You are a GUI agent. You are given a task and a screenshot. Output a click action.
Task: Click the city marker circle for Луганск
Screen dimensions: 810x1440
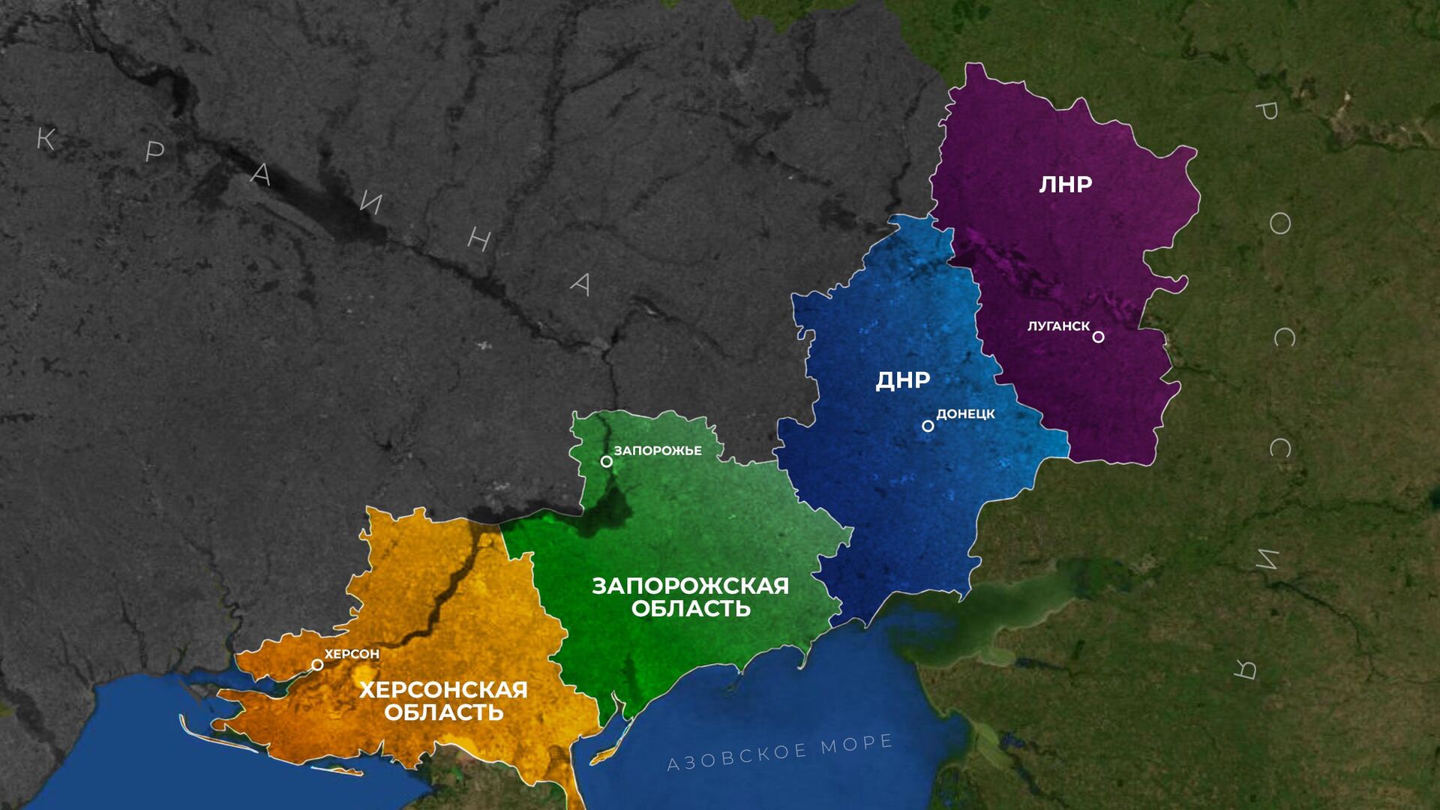pos(1098,337)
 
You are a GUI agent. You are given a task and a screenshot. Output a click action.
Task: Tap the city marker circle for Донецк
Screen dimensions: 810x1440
pos(928,426)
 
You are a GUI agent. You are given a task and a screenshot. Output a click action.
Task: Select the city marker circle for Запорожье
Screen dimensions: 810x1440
pos(606,461)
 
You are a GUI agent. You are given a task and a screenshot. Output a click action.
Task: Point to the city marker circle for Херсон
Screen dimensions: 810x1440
pos(317,664)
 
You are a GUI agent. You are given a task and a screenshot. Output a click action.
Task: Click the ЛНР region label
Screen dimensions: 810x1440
pos(1065,184)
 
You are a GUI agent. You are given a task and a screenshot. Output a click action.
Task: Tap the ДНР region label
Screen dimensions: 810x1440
pos(903,380)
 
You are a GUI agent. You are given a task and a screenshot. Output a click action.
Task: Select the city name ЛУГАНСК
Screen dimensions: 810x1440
pos(1058,326)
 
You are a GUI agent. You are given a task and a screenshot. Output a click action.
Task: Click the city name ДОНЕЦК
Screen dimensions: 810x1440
pos(965,414)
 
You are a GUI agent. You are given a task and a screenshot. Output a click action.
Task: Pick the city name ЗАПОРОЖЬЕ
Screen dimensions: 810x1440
pos(658,451)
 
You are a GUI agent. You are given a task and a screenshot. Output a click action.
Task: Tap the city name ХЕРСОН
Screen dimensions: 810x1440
pos(352,654)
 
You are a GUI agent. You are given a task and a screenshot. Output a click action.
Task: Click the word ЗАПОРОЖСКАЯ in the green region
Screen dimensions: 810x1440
pos(690,586)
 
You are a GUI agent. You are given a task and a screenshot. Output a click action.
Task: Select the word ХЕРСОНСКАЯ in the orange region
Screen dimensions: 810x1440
pos(443,690)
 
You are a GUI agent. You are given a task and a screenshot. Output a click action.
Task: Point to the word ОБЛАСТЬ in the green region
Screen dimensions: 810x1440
pos(691,608)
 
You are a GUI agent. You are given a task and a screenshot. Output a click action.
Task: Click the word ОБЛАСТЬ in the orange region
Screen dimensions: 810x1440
pos(444,712)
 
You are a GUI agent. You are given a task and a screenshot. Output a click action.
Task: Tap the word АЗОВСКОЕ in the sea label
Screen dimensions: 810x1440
pos(737,757)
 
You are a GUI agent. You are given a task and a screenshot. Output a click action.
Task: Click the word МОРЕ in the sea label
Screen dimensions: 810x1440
pos(856,744)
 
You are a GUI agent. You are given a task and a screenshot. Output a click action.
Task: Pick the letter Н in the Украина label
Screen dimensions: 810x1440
pos(479,239)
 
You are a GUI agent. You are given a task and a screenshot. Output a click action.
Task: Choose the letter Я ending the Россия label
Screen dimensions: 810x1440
pos(1246,668)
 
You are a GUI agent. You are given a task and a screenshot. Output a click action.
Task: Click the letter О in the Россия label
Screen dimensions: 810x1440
pos(1279,223)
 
